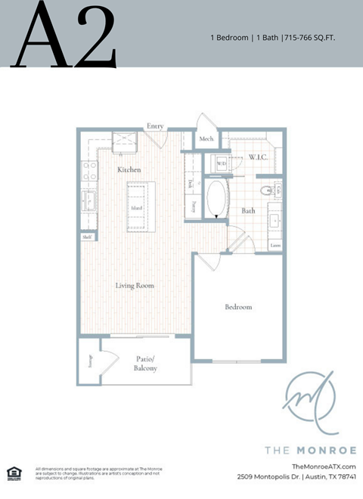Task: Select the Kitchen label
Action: point(129,170)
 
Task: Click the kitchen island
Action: point(137,207)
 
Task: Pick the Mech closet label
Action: point(206,140)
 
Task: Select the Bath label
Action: point(248,211)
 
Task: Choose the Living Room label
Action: point(135,286)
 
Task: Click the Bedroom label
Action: point(238,307)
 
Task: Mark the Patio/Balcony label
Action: point(147,363)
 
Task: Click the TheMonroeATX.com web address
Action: point(323,466)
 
